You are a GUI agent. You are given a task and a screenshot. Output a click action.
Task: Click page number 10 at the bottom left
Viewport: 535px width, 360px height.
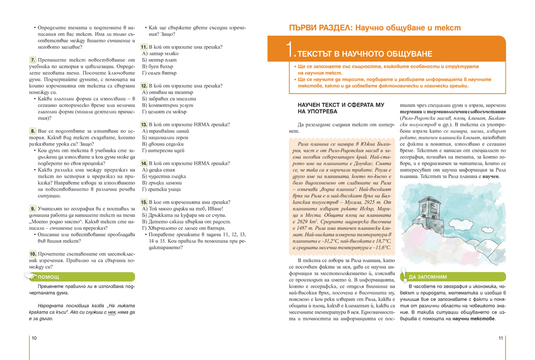pos(34,338)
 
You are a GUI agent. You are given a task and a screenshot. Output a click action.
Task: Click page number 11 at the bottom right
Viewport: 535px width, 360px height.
pos(501,338)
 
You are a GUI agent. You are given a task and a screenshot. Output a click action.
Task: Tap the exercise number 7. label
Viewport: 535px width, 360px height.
pos(33,60)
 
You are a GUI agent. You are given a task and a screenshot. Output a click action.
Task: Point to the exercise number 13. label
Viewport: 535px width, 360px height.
pos(144,124)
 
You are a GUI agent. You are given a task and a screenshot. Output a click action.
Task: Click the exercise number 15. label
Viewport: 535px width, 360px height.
pos(144,202)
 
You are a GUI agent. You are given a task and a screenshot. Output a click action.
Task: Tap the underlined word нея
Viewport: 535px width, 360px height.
pos(111,313)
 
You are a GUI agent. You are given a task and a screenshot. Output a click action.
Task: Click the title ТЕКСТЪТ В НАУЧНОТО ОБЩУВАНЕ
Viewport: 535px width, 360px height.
pos(364,54)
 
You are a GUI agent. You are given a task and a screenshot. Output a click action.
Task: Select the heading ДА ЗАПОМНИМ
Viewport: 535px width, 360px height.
pos(427,277)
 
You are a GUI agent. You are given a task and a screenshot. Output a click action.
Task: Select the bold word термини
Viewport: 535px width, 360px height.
pos(409,111)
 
